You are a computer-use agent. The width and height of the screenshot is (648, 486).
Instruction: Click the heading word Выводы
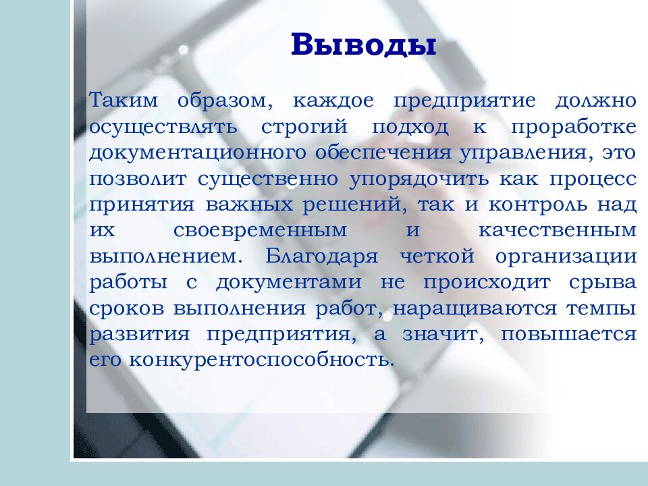coord(364,45)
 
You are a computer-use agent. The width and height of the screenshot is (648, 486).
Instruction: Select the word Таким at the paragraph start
coord(124,101)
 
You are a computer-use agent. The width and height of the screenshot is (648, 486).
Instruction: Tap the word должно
coord(595,101)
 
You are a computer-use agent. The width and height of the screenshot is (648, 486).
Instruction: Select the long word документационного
coord(196,153)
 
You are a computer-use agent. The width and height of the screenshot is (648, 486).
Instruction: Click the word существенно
coord(270,178)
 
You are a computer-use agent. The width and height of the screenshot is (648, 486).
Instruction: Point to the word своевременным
coord(261,230)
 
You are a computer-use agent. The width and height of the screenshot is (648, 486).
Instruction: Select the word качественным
coord(557,230)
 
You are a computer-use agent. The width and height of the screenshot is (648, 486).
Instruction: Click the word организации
coord(566,256)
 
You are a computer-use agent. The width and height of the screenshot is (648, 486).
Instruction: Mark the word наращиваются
coord(475,307)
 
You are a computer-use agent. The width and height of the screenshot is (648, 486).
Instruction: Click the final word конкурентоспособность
coord(261,359)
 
